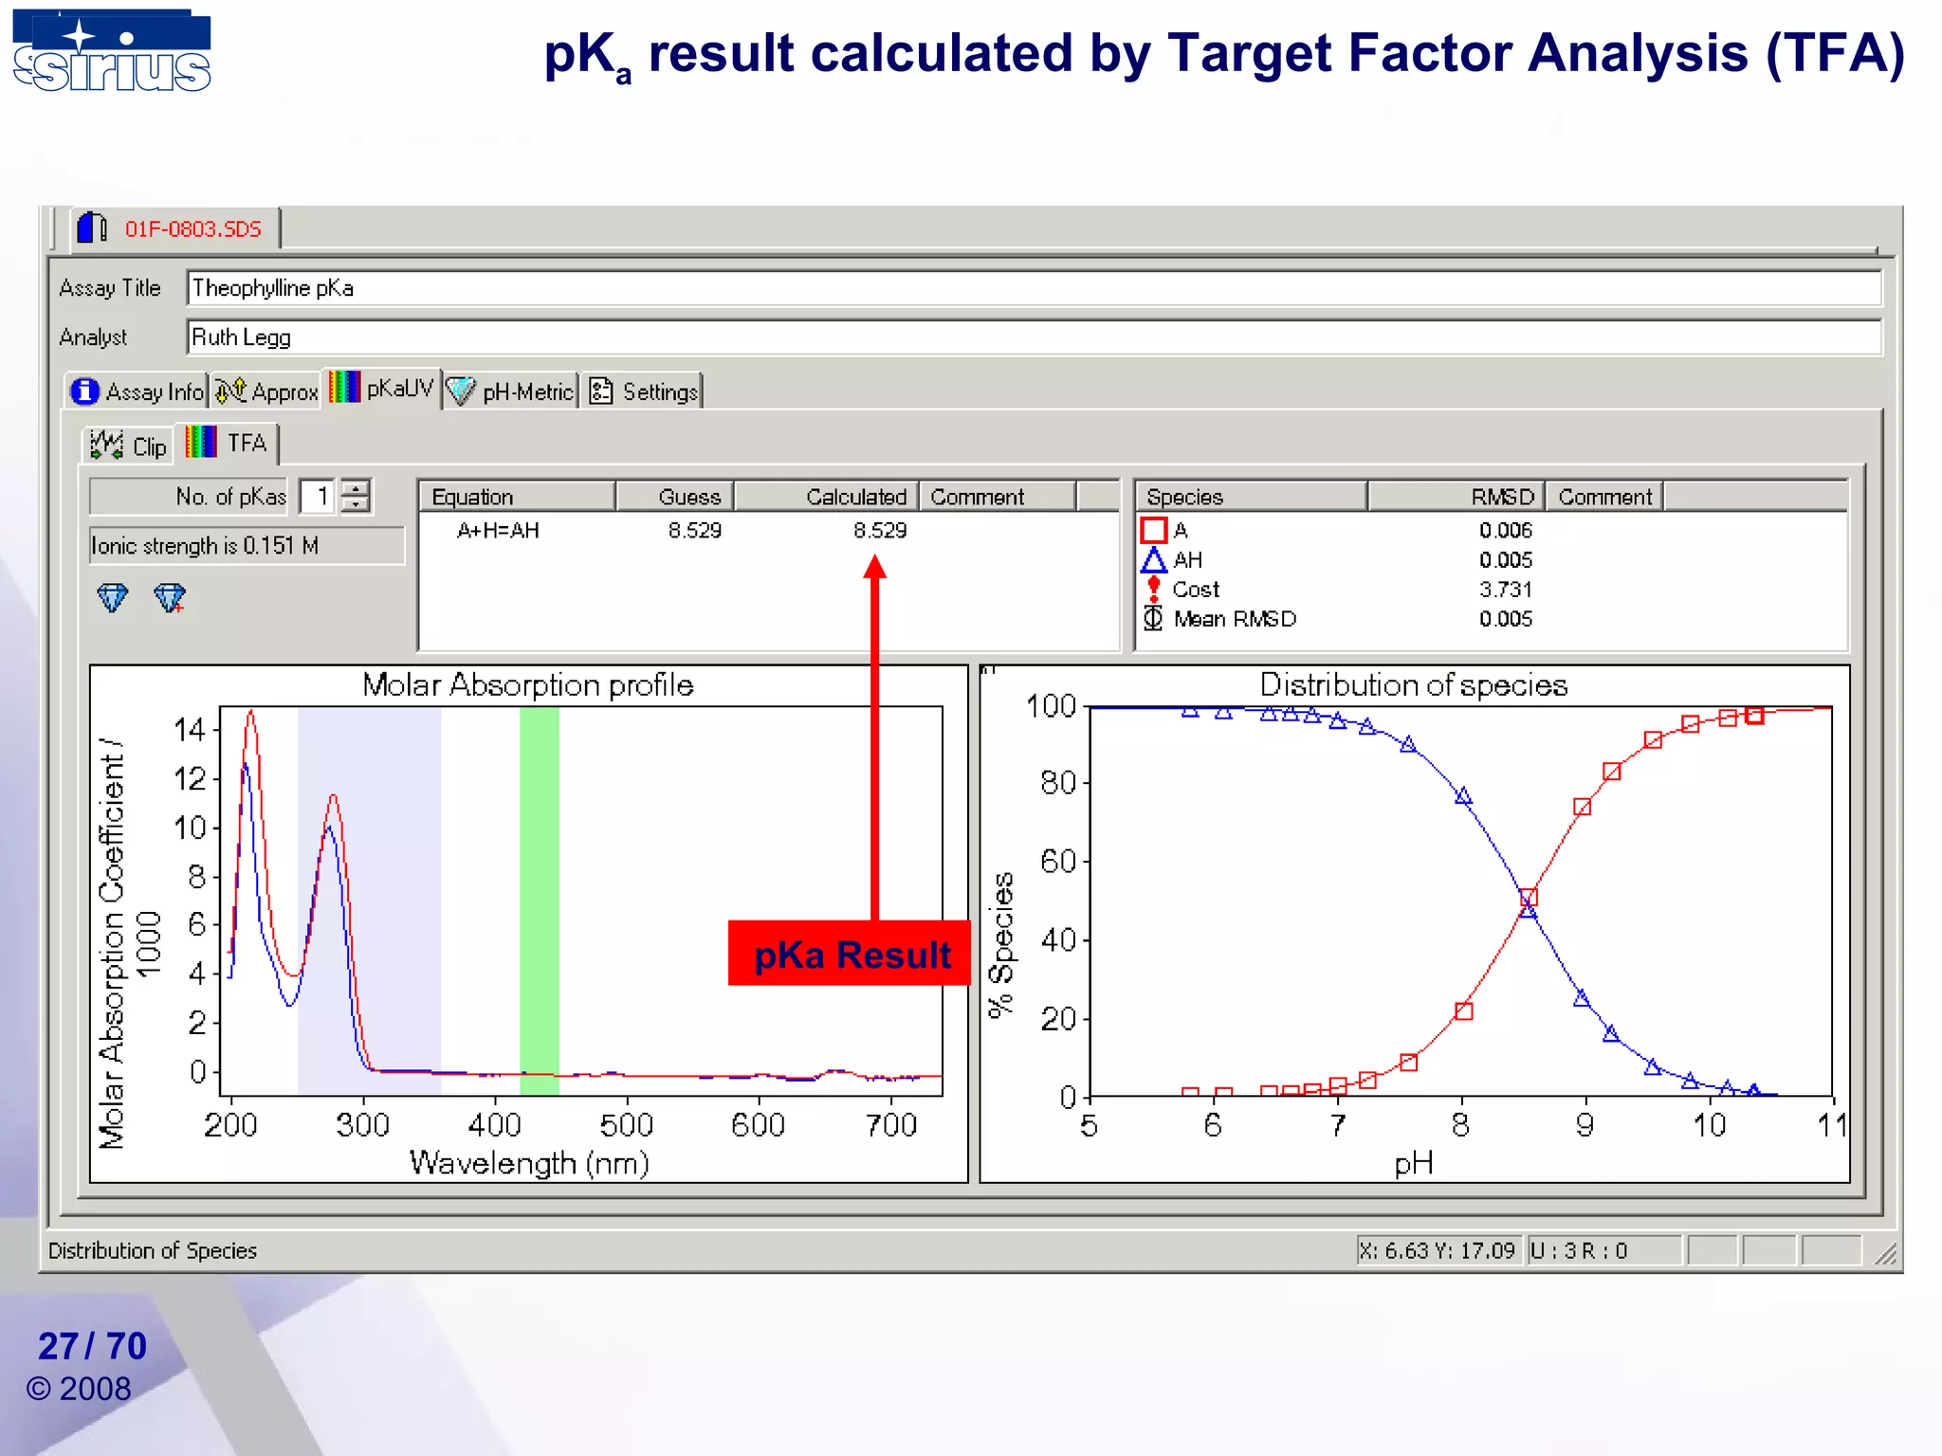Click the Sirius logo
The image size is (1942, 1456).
coord(112,52)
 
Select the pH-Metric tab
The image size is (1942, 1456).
coord(511,391)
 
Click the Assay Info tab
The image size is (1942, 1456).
coord(137,391)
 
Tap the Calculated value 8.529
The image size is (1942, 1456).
coord(879,531)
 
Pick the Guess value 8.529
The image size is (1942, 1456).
coord(694,531)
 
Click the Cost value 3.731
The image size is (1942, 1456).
coord(1505,590)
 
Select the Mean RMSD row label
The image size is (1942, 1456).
coord(1234,619)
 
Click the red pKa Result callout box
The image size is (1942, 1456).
coord(850,954)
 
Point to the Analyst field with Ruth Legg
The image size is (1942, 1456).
coord(1034,337)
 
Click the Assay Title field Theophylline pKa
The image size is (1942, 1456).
coord(1034,288)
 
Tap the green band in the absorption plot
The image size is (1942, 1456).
coord(539,901)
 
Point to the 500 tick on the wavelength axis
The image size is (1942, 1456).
coord(626,1125)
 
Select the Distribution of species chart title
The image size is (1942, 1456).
coord(1413,684)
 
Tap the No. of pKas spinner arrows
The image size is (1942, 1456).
coord(356,496)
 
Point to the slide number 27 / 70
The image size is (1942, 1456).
coord(92,1346)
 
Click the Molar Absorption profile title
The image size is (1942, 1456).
coord(527,684)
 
